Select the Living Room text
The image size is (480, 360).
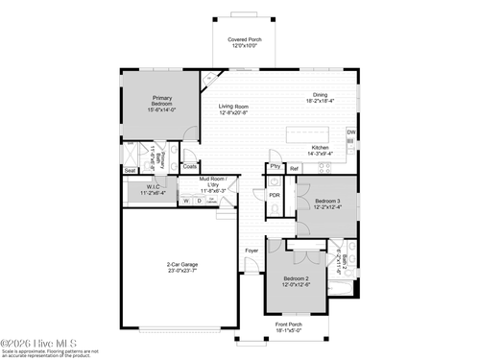[232, 109]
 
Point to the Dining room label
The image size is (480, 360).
[320, 97]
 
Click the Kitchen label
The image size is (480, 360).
[320, 150]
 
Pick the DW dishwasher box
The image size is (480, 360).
[351, 132]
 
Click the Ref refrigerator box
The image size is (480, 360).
[295, 169]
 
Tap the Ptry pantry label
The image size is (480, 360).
[275, 167]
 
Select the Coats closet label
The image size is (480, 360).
[190, 166]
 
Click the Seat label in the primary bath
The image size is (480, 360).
[130, 170]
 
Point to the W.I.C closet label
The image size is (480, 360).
[153, 189]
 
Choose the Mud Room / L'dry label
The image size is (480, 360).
[212, 182]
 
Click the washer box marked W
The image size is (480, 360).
[186, 201]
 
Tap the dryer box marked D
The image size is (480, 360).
[199, 201]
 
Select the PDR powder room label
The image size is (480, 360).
[275, 195]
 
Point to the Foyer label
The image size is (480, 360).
[251, 252]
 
